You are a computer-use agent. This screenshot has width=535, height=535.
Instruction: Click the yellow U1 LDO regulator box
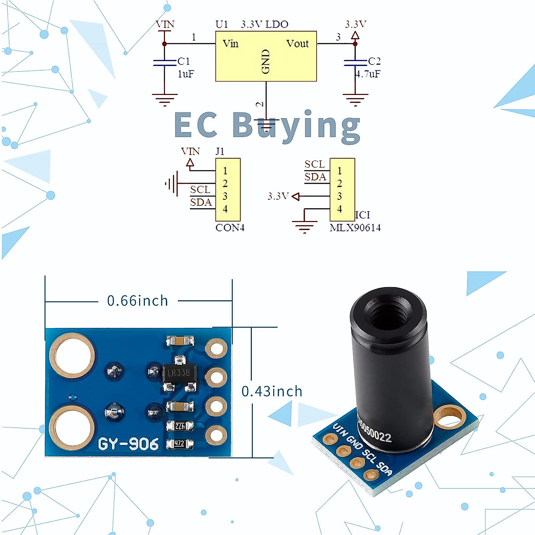click(x=266, y=56)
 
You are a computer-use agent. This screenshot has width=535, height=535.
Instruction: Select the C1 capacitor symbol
click(x=165, y=62)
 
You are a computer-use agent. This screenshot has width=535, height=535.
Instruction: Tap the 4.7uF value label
click(x=368, y=74)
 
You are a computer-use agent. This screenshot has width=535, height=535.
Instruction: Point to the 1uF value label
click(x=186, y=74)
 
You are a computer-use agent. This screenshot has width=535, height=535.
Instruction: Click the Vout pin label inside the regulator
click(x=297, y=44)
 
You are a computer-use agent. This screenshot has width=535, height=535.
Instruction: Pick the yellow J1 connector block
click(x=228, y=189)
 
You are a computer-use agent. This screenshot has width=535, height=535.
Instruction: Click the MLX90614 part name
click(x=355, y=228)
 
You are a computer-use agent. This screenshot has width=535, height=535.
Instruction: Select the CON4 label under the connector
click(x=230, y=228)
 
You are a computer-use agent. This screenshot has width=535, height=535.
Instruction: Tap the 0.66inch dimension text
click(x=137, y=301)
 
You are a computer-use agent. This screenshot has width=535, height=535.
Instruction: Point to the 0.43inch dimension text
click(x=272, y=391)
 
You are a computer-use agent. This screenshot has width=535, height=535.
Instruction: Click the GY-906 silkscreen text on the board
click(x=128, y=444)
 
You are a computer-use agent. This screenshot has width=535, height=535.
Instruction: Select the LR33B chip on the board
click(x=178, y=373)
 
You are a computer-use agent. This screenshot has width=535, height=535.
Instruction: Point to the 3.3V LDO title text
click(x=264, y=25)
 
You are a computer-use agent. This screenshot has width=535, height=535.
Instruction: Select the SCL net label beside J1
click(x=200, y=190)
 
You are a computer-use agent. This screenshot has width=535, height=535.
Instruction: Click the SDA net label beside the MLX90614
click(x=315, y=177)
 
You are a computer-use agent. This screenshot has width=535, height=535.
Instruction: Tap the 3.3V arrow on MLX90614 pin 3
click(x=295, y=196)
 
